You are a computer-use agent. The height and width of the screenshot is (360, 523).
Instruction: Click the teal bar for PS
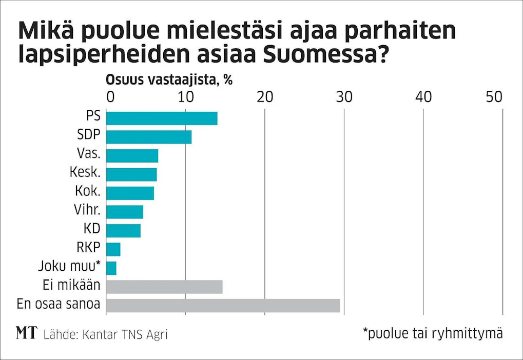(x=162, y=118)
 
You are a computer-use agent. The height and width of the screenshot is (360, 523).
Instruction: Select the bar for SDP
(x=149, y=137)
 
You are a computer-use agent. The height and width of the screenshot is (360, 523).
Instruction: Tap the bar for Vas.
(x=132, y=156)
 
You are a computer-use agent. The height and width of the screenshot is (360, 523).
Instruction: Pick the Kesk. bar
(x=131, y=174)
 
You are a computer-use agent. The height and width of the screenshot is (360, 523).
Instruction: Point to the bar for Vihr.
(x=125, y=212)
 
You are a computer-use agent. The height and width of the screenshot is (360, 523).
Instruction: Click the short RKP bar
(x=113, y=249)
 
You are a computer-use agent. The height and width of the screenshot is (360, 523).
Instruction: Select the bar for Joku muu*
(x=111, y=268)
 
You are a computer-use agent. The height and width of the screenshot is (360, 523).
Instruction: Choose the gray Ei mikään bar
(x=164, y=287)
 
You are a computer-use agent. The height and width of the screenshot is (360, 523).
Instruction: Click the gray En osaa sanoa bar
(x=223, y=306)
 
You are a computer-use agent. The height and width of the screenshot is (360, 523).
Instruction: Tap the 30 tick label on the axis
(x=344, y=96)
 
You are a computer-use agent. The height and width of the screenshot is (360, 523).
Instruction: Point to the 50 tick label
(x=494, y=96)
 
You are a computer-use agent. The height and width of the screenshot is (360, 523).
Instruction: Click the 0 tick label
(x=110, y=96)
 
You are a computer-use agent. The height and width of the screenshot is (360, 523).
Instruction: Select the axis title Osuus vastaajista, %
(x=169, y=80)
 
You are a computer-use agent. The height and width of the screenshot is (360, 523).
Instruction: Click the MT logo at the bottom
(x=26, y=333)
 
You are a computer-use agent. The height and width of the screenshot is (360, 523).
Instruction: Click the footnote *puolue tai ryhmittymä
(x=433, y=333)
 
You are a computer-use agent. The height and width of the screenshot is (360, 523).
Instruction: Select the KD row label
(x=92, y=229)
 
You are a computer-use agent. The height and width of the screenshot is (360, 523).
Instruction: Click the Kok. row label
(x=88, y=191)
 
